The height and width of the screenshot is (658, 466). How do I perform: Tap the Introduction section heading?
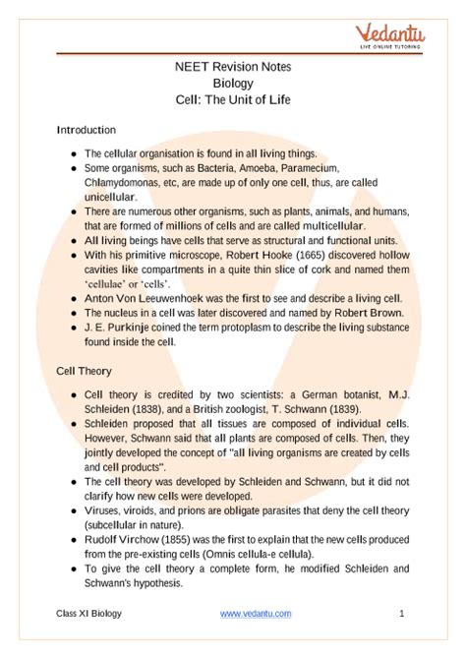pyautogui.click(x=87, y=130)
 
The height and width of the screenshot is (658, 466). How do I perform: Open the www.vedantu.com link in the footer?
pyautogui.click(x=256, y=614)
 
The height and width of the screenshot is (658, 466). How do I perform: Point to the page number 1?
pyautogui.click(x=402, y=614)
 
